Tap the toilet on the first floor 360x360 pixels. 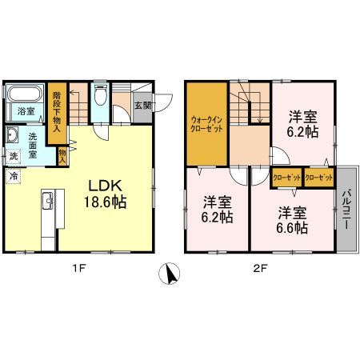(100, 95)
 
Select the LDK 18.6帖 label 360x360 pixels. (105, 194)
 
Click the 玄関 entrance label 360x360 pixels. (143, 106)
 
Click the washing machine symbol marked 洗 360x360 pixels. (13, 156)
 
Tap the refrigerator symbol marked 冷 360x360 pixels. (13, 176)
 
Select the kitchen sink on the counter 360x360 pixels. (48, 201)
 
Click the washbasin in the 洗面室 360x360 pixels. (13, 134)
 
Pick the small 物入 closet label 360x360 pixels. (62, 156)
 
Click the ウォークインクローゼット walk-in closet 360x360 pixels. (206, 124)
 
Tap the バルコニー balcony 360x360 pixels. (346, 209)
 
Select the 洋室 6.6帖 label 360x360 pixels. (292, 220)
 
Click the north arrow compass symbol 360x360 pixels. (169, 274)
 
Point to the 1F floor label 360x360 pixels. (79, 268)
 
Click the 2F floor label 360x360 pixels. (260, 268)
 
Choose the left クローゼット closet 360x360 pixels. (287, 178)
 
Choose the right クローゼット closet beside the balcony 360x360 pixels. (319, 178)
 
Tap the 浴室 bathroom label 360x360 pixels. (26, 111)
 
